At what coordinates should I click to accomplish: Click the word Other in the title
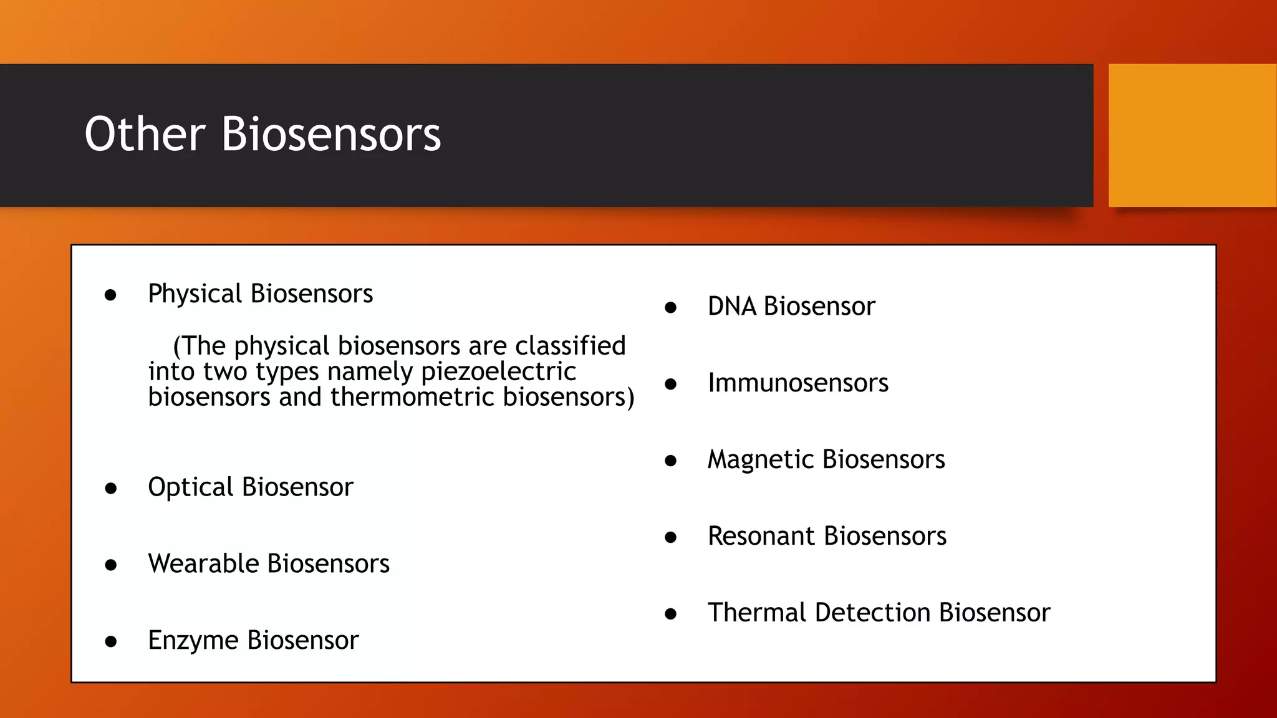coord(145,134)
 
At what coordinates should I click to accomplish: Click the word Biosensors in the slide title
coord(331,134)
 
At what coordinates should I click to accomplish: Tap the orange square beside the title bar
coord(1192,135)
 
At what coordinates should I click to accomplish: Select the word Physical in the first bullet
coord(195,294)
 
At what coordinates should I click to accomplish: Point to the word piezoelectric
coord(498,372)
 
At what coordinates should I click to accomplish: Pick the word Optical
coord(191,487)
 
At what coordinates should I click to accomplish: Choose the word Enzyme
coord(193,641)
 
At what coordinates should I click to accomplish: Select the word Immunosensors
coord(798,383)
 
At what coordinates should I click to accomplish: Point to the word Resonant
coord(761,537)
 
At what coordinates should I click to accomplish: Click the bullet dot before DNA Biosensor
coord(671,307)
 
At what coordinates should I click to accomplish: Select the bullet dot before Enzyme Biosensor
coord(111,641)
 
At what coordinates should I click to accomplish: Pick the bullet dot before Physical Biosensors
coord(111,295)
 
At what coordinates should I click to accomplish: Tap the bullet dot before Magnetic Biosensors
coord(671,461)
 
